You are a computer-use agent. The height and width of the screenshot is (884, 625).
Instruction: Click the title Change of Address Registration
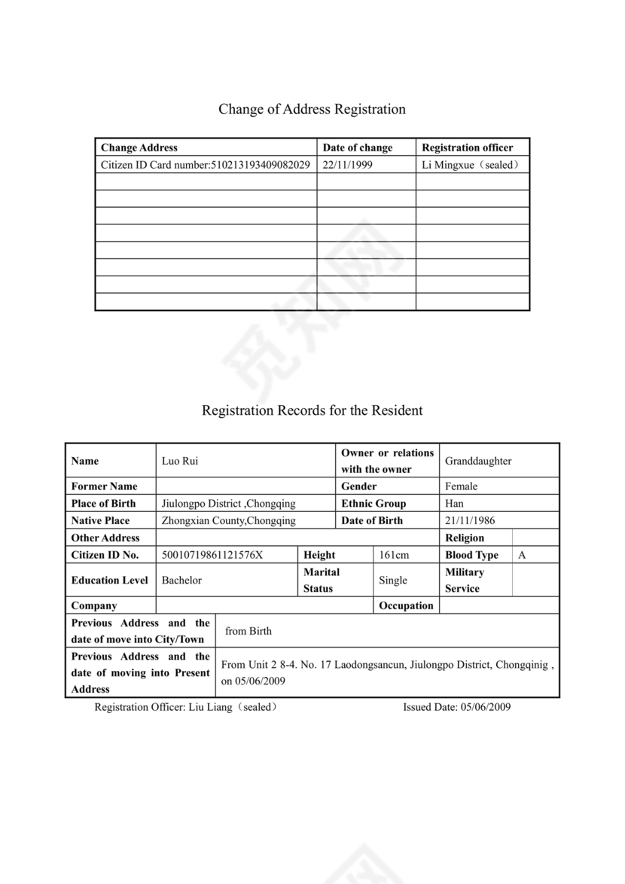[312, 109]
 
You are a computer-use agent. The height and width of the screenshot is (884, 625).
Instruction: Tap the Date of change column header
[358, 148]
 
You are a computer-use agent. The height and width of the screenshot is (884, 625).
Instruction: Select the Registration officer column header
[467, 148]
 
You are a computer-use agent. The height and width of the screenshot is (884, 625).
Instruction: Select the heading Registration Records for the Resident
[312, 410]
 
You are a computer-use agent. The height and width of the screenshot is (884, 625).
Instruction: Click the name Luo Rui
[180, 461]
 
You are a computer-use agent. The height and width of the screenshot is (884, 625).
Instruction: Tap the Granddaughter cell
[478, 461]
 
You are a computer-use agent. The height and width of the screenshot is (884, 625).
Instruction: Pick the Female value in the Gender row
[461, 486]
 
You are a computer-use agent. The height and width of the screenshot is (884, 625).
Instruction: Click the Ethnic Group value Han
[454, 504]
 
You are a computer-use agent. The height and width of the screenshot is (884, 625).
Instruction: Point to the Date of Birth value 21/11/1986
[470, 521]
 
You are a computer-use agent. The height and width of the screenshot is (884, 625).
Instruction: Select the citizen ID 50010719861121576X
[212, 555]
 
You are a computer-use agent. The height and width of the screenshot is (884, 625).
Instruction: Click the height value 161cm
[394, 555]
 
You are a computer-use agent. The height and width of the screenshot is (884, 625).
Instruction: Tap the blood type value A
[522, 555]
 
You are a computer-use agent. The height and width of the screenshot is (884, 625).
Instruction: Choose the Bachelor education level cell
[181, 581]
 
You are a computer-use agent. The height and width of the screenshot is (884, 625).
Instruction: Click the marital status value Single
[393, 581]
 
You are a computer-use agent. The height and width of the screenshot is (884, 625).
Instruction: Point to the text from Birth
[248, 631]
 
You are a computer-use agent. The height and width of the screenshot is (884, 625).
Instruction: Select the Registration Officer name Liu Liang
[206, 707]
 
